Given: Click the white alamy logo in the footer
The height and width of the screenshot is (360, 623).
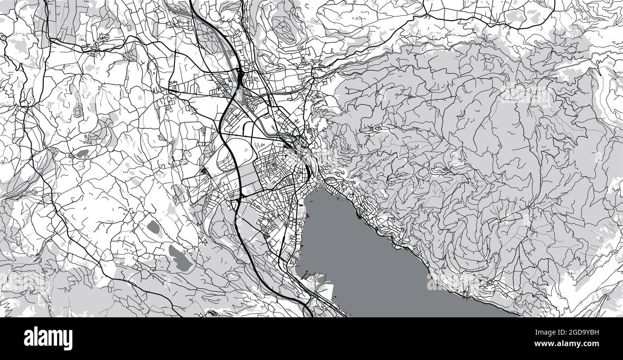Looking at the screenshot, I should click(48, 338).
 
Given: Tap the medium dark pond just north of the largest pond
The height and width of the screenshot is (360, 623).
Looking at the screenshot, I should click(153, 227).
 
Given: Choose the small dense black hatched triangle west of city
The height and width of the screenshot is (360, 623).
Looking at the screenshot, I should click(205, 171).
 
